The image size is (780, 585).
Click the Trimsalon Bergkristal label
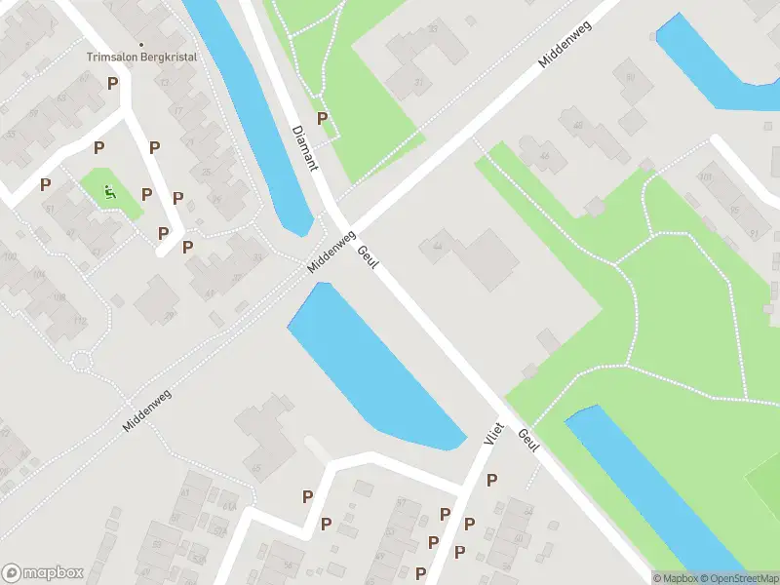point(141,58)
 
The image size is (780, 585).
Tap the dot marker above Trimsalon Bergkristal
point(141,44)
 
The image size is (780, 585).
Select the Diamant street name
point(304,147)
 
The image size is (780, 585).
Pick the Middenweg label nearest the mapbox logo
point(146,409)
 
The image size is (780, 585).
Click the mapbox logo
point(43,573)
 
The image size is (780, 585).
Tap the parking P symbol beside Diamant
point(322,119)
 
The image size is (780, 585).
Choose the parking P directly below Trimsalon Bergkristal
point(112,83)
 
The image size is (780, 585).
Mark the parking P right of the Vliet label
point(491,480)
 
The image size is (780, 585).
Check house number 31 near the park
point(420,82)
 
